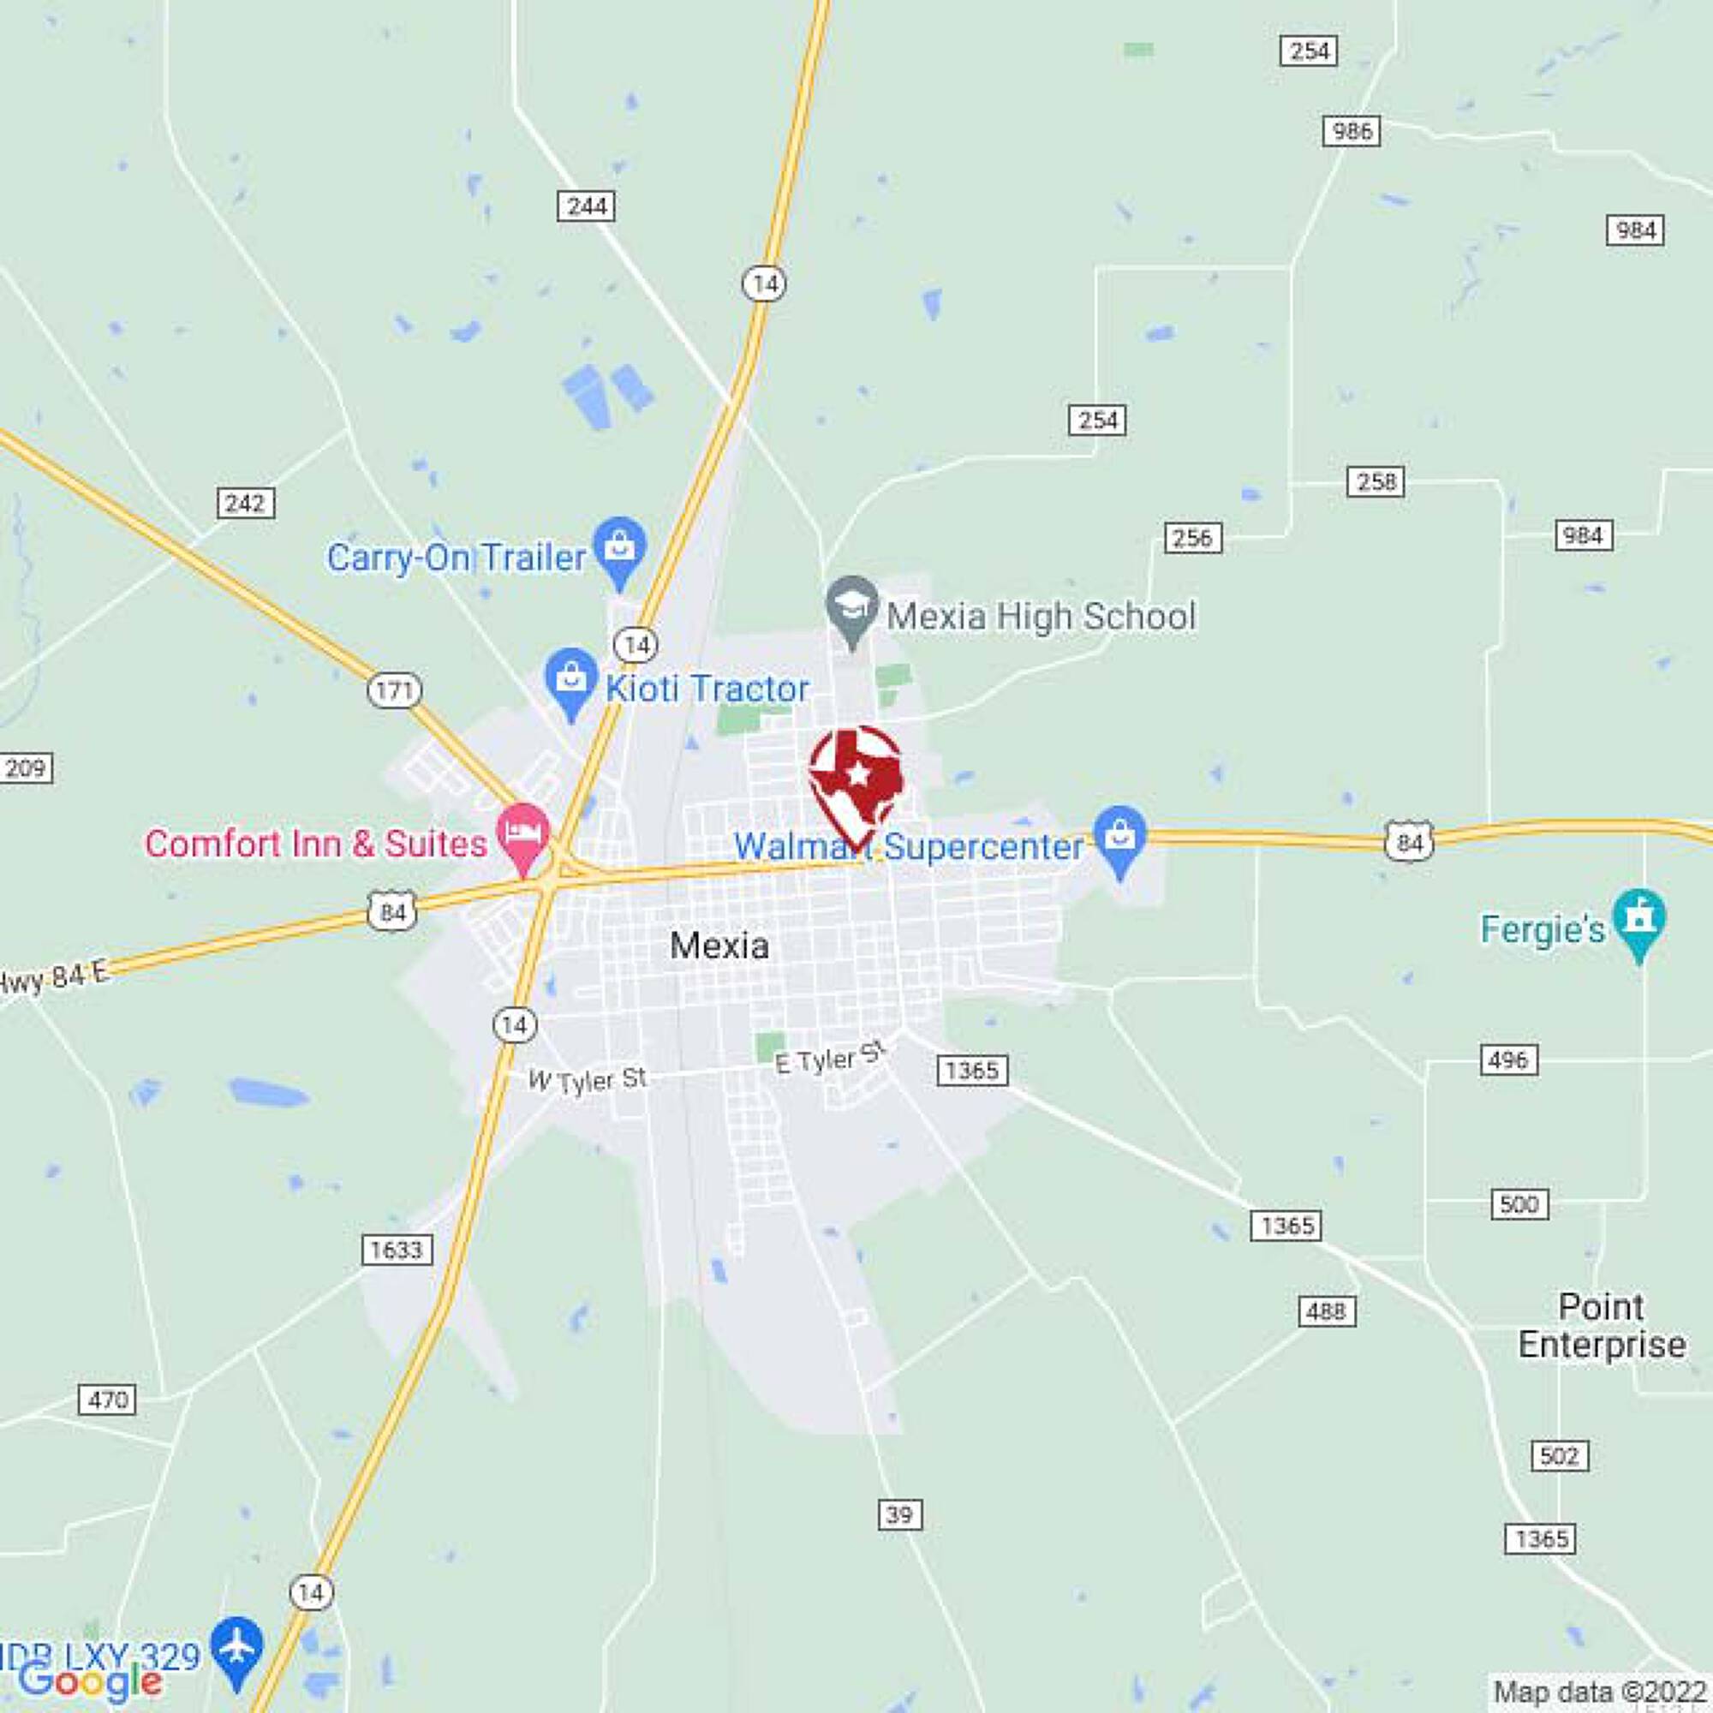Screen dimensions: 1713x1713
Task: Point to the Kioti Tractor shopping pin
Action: click(x=571, y=681)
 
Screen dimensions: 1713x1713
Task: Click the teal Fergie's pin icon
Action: click(x=1639, y=922)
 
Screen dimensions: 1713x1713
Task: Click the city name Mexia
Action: click(x=719, y=946)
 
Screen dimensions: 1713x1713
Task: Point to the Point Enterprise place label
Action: click(x=1602, y=1326)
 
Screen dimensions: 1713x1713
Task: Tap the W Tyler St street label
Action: click(x=588, y=1080)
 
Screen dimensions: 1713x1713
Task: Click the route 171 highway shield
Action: click(x=394, y=689)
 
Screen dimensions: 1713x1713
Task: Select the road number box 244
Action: click(x=586, y=206)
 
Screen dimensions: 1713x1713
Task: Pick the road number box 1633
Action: click(x=397, y=1250)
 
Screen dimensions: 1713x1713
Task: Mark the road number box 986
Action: click(x=1352, y=131)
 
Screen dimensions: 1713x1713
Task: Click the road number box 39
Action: click(x=899, y=1514)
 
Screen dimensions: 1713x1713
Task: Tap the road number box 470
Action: click(x=107, y=1400)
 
